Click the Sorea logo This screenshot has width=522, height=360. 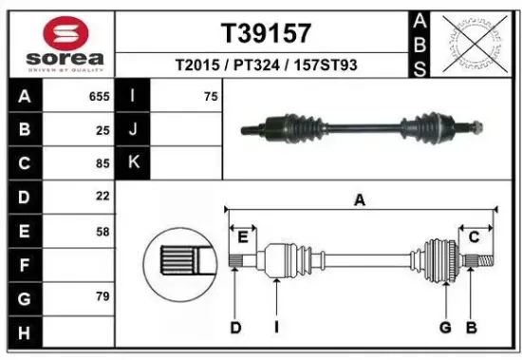point(58,44)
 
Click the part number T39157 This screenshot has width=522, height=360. point(266,33)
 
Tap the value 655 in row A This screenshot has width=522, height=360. point(99,96)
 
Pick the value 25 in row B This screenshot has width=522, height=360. point(103,130)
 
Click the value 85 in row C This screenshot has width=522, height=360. point(103,163)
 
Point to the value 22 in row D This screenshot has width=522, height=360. point(103,197)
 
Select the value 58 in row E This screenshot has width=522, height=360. point(103,231)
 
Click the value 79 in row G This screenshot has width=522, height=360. point(103,298)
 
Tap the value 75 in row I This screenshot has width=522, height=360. point(211,96)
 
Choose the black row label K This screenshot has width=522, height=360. point(134,163)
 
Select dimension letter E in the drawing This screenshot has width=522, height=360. point(243,236)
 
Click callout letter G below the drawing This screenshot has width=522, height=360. point(443,328)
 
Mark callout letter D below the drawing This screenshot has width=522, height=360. point(235,328)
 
